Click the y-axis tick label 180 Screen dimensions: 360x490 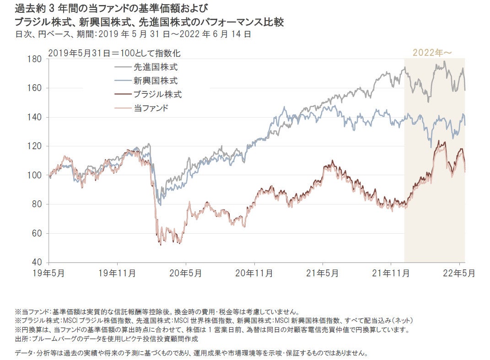click(x=36, y=59)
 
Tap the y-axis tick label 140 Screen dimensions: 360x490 click(x=36, y=117)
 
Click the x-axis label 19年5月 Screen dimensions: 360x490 click(x=48, y=273)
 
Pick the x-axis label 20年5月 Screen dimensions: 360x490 click(x=186, y=273)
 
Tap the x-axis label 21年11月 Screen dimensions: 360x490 click(x=391, y=273)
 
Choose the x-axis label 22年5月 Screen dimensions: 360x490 click(x=459, y=273)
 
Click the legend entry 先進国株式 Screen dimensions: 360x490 click(x=155, y=67)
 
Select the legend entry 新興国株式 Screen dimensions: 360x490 click(x=155, y=81)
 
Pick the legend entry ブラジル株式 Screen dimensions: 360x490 click(x=157, y=95)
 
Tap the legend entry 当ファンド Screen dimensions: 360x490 click(x=151, y=108)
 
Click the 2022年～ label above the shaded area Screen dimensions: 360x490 click(x=432, y=53)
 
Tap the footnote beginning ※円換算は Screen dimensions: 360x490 click(x=211, y=330)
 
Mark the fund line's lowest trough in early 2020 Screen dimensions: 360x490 click(x=160, y=245)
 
